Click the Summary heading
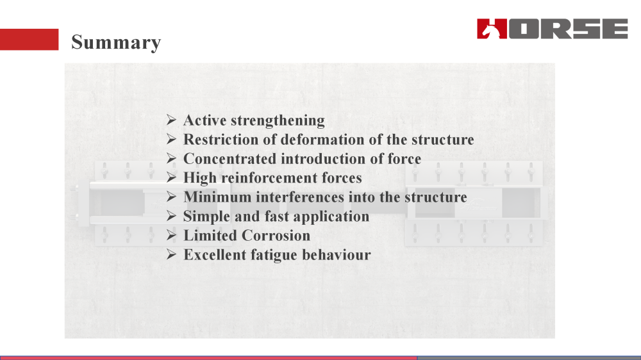coord(116,42)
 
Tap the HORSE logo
coord(552,29)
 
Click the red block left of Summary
coord(29,39)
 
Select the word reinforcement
coord(271,178)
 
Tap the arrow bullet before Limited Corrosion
coord(171,236)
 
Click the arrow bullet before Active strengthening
coord(171,120)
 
